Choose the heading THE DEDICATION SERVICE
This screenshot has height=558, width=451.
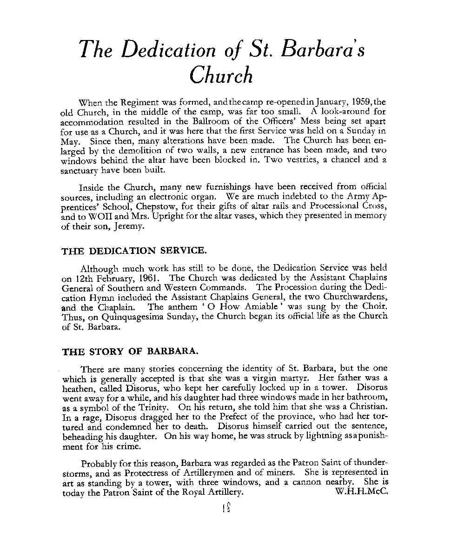133,251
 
